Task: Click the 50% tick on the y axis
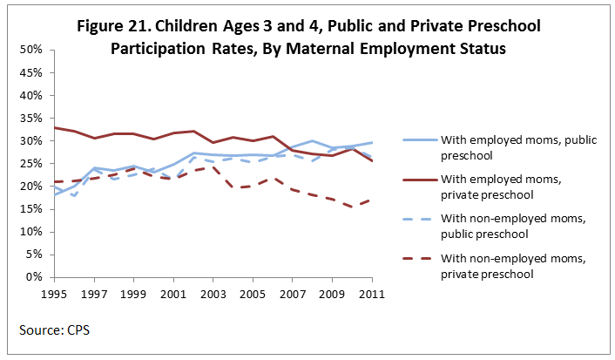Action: (x=31, y=50)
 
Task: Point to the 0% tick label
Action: (x=34, y=277)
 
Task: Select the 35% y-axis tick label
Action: (x=31, y=118)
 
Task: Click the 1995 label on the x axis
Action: (x=54, y=293)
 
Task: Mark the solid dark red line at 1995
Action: (x=54, y=127)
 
